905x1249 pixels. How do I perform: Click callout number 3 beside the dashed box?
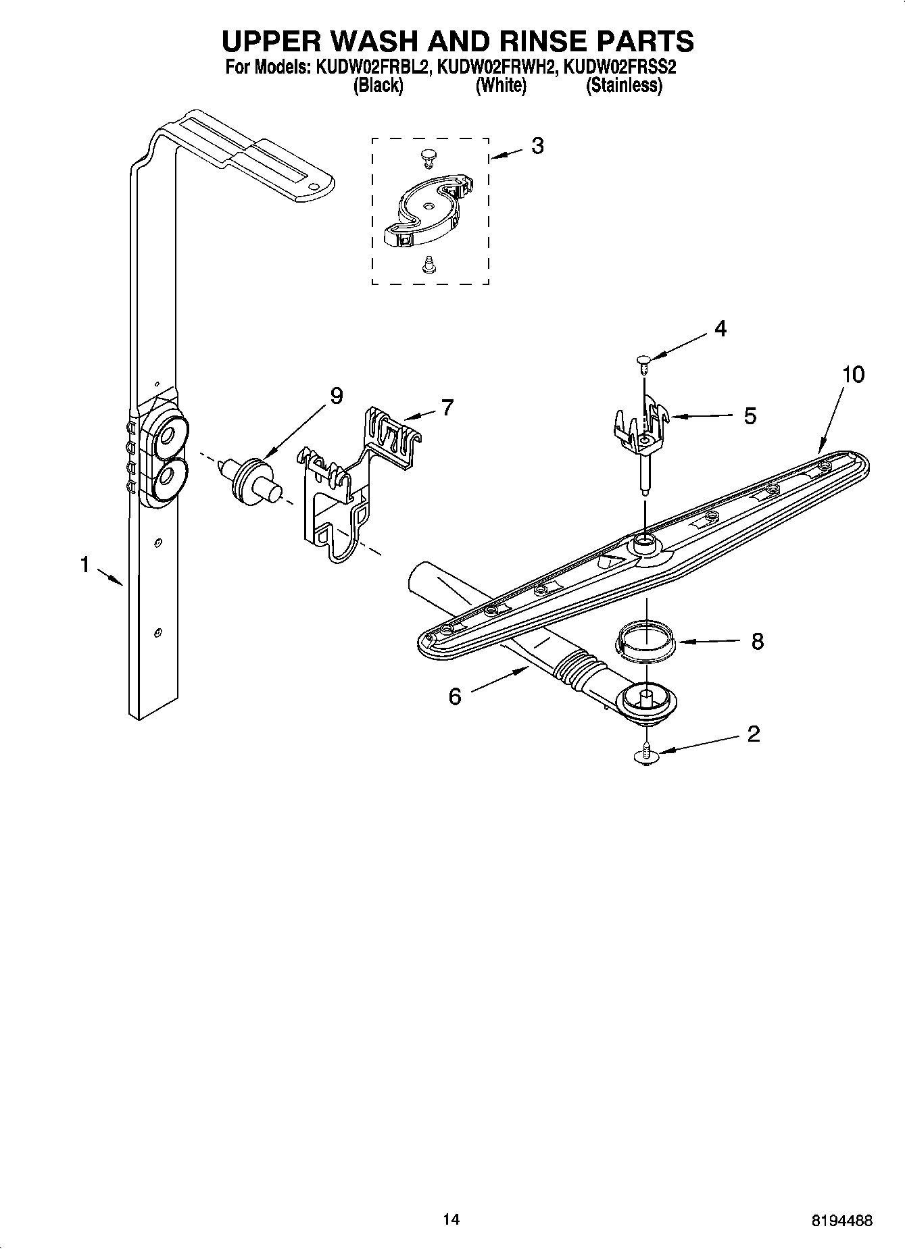(537, 146)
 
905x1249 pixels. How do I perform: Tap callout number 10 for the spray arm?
(853, 375)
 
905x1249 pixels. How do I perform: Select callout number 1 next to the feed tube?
(85, 564)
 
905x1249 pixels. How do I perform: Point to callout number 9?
(337, 396)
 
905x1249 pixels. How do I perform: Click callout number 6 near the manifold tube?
(455, 696)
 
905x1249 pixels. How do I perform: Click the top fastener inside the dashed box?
(426, 157)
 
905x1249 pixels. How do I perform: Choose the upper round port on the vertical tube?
(165, 440)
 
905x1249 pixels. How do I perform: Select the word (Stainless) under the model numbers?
(623, 86)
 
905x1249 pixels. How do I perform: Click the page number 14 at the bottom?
(451, 1219)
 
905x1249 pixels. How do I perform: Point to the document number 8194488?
(841, 1221)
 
